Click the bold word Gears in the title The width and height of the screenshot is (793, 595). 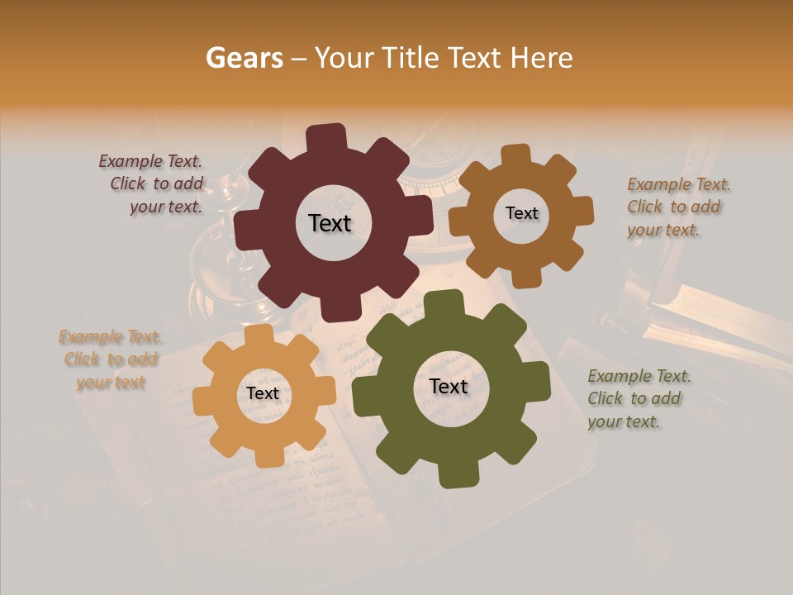[243, 58]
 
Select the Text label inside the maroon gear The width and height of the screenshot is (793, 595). [330, 223]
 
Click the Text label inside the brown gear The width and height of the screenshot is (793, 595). [521, 213]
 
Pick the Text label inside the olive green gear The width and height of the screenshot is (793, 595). [449, 387]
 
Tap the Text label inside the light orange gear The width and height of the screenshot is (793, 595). [263, 394]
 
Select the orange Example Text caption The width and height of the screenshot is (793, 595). [111, 359]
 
